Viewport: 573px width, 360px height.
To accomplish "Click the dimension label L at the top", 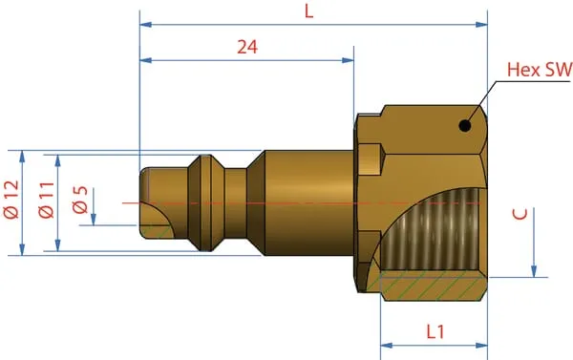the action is click(x=309, y=11).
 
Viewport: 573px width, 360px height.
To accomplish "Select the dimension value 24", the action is click(x=247, y=47).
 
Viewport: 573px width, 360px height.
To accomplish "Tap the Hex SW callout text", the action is click(x=540, y=69).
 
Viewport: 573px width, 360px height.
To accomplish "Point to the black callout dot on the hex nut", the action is click(x=465, y=126).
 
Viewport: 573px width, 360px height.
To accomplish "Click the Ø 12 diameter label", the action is click(x=11, y=200).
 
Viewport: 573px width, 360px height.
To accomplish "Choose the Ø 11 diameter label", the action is click(x=47, y=200).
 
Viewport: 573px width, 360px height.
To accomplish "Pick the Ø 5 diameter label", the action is click(x=80, y=200).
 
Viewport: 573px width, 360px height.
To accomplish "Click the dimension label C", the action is click(x=520, y=214).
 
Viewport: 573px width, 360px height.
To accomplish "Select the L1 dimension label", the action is click(x=435, y=331).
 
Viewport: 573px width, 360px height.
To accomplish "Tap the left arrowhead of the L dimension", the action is click(x=145, y=25).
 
